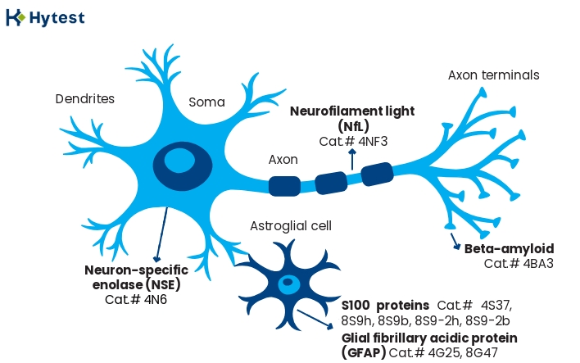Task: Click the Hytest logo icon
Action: [15, 16]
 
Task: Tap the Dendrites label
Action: [84, 99]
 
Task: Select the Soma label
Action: [206, 102]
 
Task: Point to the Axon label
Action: [283, 159]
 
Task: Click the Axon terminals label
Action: [493, 75]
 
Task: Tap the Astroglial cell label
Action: [291, 225]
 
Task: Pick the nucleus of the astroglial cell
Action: [288, 285]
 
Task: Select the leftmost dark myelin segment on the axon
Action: [284, 186]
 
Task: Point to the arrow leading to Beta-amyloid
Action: [453, 241]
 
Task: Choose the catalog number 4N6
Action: [151, 299]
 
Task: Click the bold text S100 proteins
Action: [385, 306]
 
